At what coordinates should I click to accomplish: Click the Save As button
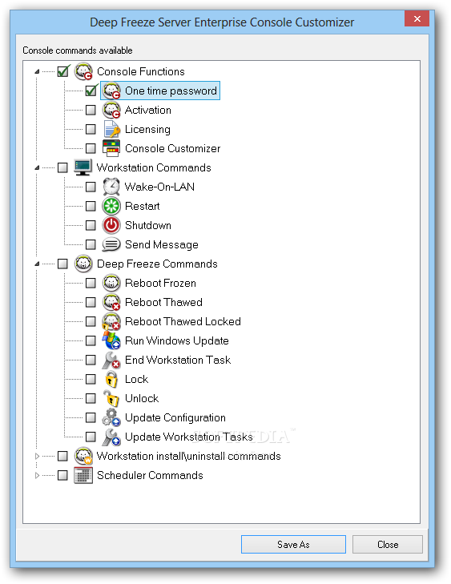(x=293, y=544)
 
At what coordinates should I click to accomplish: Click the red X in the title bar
(x=417, y=18)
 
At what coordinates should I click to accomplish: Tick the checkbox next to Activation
(x=91, y=110)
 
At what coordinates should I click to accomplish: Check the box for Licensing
(x=91, y=129)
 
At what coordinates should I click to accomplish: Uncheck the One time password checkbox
(x=91, y=91)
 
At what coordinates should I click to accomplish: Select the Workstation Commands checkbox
(x=62, y=167)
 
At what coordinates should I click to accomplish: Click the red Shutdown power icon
(x=111, y=225)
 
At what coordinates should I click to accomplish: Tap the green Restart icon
(x=111, y=206)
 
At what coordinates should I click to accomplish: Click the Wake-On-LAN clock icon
(x=111, y=187)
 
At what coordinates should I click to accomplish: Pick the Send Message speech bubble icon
(x=111, y=244)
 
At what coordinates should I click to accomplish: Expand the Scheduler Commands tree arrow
(x=37, y=475)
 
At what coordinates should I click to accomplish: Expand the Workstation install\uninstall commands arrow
(x=37, y=456)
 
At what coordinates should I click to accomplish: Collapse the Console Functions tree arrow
(x=37, y=71)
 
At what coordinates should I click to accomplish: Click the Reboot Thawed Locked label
(x=183, y=321)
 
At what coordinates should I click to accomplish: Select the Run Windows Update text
(x=177, y=340)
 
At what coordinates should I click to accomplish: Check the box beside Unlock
(x=91, y=398)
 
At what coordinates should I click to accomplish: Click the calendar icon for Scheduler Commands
(x=83, y=475)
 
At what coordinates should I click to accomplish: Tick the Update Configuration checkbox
(x=91, y=417)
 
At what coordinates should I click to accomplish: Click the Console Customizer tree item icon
(x=111, y=148)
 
